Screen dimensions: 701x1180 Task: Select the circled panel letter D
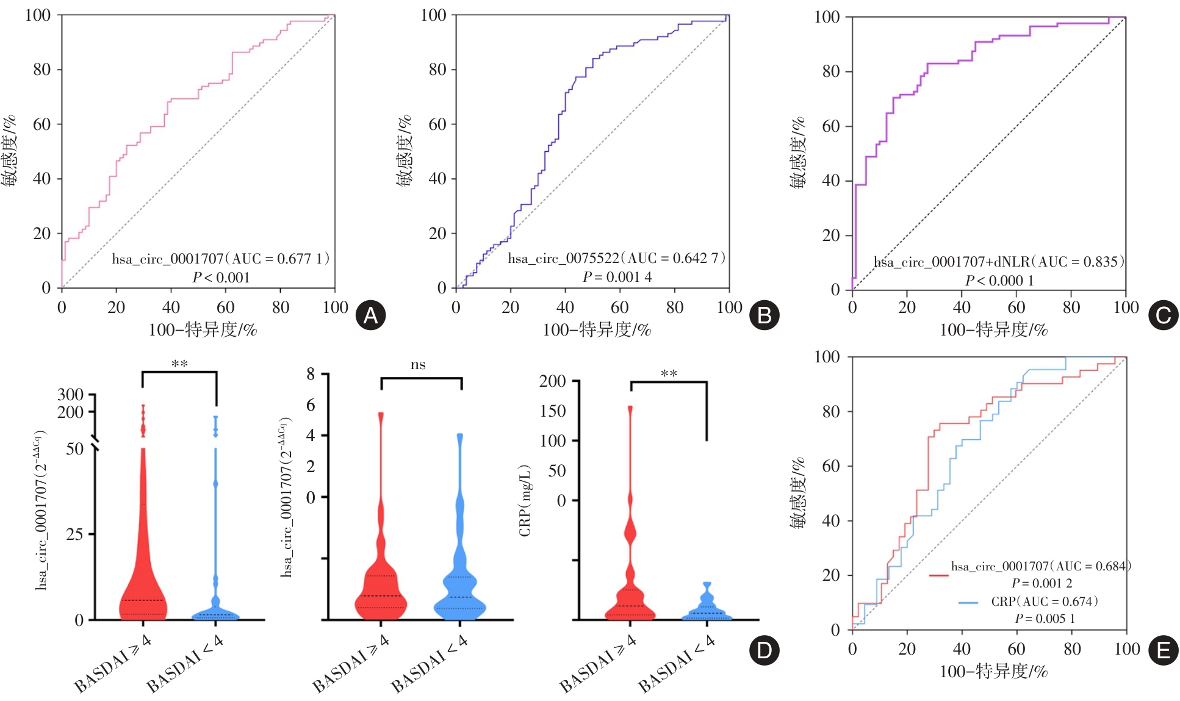click(764, 650)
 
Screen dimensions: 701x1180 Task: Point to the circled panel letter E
click(1163, 650)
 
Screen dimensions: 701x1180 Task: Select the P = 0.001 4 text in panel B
click(617, 277)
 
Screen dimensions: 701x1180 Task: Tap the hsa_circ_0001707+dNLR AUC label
click(999, 262)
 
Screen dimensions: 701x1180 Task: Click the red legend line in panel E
click(938, 575)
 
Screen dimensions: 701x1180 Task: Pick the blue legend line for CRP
click(968, 602)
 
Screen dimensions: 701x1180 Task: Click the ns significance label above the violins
click(418, 365)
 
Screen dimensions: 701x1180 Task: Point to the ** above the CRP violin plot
click(669, 373)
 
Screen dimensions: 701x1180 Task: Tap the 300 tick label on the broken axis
click(70, 395)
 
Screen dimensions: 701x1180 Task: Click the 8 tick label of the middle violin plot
click(311, 373)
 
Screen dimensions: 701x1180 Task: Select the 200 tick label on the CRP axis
click(552, 381)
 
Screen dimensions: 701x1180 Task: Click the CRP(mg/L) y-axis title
click(525, 500)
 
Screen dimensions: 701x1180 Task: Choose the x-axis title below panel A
click(203, 330)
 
